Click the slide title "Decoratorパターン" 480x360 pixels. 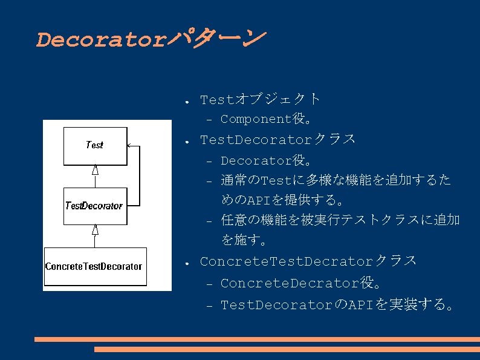tap(150, 40)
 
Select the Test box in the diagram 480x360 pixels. tap(95, 145)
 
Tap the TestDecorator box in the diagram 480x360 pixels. tap(94, 206)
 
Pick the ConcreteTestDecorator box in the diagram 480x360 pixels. tap(94, 266)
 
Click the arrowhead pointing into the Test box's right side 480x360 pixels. tap(131, 145)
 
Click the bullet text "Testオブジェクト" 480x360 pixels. tap(260, 99)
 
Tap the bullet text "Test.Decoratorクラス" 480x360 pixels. tap(277, 140)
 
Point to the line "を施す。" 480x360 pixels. tap(244, 240)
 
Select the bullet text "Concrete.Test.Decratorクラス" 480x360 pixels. tap(308, 261)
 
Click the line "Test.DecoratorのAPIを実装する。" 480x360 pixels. tap(337, 304)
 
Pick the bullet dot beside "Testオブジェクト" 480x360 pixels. tap(189, 100)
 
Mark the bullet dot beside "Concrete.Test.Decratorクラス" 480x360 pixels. tap(189, 263)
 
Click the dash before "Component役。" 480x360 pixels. tap(209, 120)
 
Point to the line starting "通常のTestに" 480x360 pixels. tap(336, 180)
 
